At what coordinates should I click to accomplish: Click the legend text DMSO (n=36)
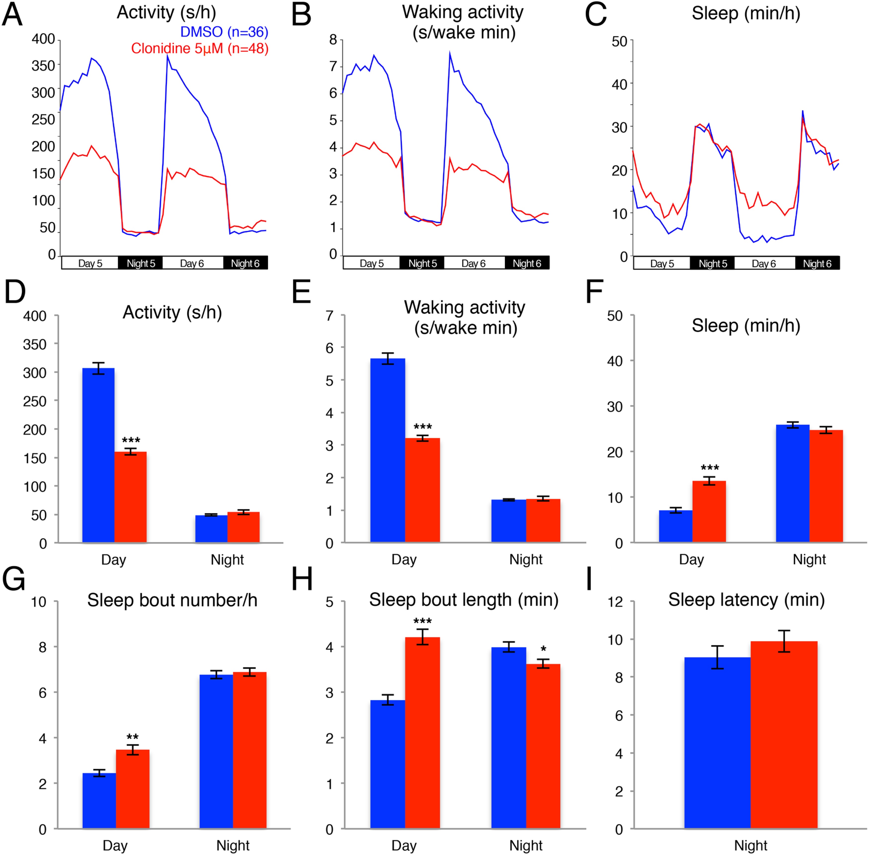(224, 32)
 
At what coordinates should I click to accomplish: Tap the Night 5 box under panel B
(422, 263)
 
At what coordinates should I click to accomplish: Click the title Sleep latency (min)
(746, 600)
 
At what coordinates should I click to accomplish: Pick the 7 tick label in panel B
(333, 66)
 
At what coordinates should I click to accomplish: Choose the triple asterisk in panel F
(710, 468)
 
